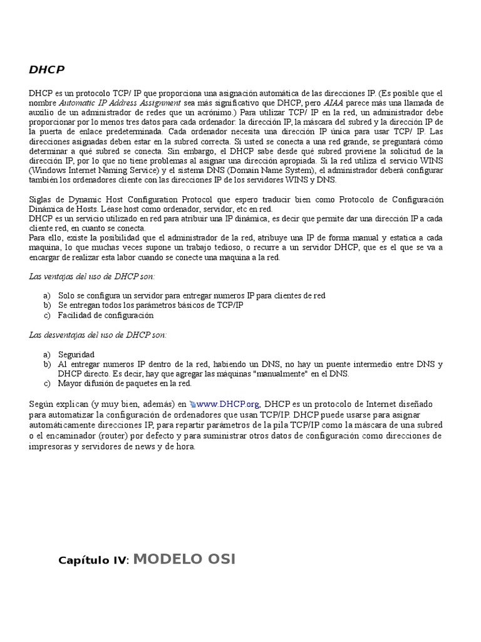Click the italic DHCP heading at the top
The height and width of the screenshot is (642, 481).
click(x=46, y=69)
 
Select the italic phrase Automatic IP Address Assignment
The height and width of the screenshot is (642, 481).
click(x=120, y=102)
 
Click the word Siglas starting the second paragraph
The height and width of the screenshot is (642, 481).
click(x=41, y=199)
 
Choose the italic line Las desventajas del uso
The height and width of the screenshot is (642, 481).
click(x=98, y=335)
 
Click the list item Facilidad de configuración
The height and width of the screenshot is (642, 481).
click(x=105, y=315)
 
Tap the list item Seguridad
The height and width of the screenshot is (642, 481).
click(x=76, y=354)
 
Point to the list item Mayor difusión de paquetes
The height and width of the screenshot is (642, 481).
click(x=125, y=383)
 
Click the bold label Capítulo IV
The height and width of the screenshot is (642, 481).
click(x=93, y=560)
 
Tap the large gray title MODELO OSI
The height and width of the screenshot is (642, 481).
click(x=184, y=559)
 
